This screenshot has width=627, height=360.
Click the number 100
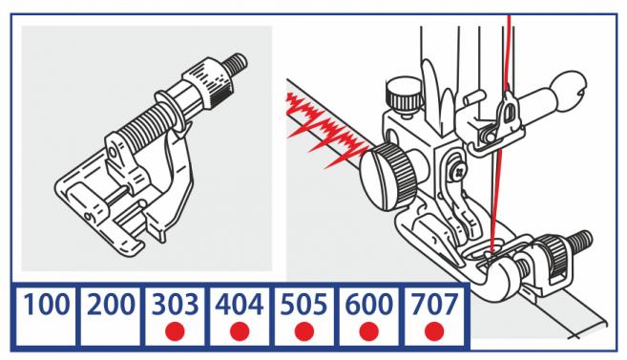[x=46, y=305]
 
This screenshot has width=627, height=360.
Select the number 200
[x=111, y=305]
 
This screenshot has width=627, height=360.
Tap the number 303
[x=176, y=305]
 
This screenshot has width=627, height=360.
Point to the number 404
[x=240, y=305]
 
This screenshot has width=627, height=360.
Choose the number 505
[x=304, y=305]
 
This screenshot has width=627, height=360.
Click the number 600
[x=369, y=305]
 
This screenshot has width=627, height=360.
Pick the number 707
[x=434, y=305]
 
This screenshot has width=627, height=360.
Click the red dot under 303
[x=175, y=331]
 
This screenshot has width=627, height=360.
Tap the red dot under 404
[x=240, y=331]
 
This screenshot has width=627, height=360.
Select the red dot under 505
[x=304, y=331]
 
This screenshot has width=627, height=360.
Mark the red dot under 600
[x=369, y=331]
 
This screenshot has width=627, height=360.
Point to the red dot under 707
[x=434, y=331]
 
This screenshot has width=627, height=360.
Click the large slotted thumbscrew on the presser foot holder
[x=390, y=176]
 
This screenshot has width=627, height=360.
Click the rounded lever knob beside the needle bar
[x=570, y=88]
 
